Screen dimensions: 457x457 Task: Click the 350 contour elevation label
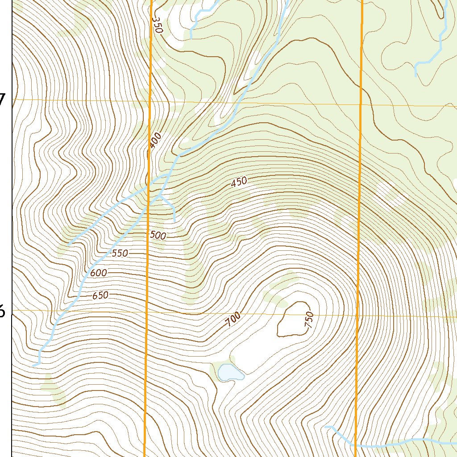(x=158, y=25)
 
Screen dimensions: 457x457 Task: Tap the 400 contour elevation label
(x=155, y=141)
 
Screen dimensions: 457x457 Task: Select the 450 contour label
(x=239, y=182)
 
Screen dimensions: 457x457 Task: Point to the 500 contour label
(x=158, y=236)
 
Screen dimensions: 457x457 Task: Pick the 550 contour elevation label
(x=120, y=253)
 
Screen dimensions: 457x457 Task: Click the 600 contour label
(x=99, y=273)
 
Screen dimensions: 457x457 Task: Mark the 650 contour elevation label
(x=100, y=295)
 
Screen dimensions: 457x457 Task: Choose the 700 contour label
(x=233, y=320)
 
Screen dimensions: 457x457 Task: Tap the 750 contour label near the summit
(x=309, y=320)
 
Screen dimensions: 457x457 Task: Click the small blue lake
(x=229, y=372)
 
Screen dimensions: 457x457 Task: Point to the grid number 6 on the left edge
(x=2, y=311)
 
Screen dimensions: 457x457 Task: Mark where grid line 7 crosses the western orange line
(x=150, y=101)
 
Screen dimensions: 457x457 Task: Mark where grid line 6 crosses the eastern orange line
(x=358, y=315)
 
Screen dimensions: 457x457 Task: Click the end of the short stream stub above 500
(x=174, y=221)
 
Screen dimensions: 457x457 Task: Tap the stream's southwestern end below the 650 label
(x=34, y=366)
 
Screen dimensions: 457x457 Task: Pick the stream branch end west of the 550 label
(x=69, y=244)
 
